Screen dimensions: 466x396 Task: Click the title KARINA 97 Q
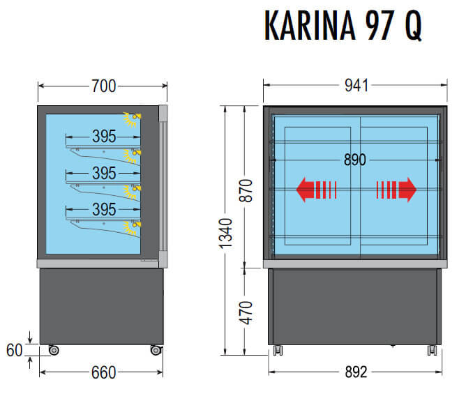(x=343, y=25)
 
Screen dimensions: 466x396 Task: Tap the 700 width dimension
(x=103, y=86)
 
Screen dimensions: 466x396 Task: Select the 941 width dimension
(x=356, y=85)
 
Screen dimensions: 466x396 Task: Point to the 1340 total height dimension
(x=225, y=234)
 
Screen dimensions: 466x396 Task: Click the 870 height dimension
(x=246, y=191)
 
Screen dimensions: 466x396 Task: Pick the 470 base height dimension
(x=246, y=312)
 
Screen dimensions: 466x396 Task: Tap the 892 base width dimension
(x=356, y=372)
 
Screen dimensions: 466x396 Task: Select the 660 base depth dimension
(x=103, y=372)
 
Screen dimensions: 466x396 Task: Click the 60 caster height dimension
(x=14, y=350)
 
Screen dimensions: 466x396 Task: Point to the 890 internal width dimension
(x=355, y=160)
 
